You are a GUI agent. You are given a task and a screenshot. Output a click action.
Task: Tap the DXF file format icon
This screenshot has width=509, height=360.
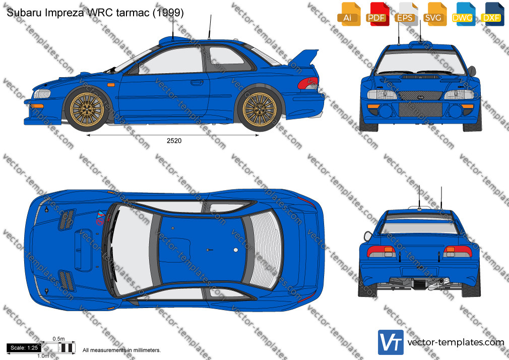tap(492, 14)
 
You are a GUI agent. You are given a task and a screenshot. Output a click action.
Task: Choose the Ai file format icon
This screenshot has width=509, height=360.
tap(349, 14)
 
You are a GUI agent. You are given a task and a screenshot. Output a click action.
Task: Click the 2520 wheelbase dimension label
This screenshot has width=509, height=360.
tap(174, 141)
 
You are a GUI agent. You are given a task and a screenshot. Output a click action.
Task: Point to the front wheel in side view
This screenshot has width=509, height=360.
tap(87, 109)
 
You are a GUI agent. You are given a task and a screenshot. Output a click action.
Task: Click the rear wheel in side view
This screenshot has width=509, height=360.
tap(260, 109)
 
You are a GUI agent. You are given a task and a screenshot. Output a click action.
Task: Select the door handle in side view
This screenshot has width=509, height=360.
tap(197, 83)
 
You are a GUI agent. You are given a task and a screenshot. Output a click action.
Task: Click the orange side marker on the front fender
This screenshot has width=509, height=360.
tap(111, 85)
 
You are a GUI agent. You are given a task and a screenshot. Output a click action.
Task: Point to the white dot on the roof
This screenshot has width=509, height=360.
tap(236, 250)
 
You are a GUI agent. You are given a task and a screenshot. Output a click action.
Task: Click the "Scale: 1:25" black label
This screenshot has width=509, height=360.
tap(24, 348)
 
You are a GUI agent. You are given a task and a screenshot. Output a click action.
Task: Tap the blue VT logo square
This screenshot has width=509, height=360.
tap(391, 342)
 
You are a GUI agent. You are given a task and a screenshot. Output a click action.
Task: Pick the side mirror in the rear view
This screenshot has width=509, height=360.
tap(368, 236)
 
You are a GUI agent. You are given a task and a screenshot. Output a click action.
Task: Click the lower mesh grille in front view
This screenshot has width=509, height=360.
tap(420, 109)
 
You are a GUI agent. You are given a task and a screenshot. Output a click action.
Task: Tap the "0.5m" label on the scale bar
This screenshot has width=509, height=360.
tap(59, 339)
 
